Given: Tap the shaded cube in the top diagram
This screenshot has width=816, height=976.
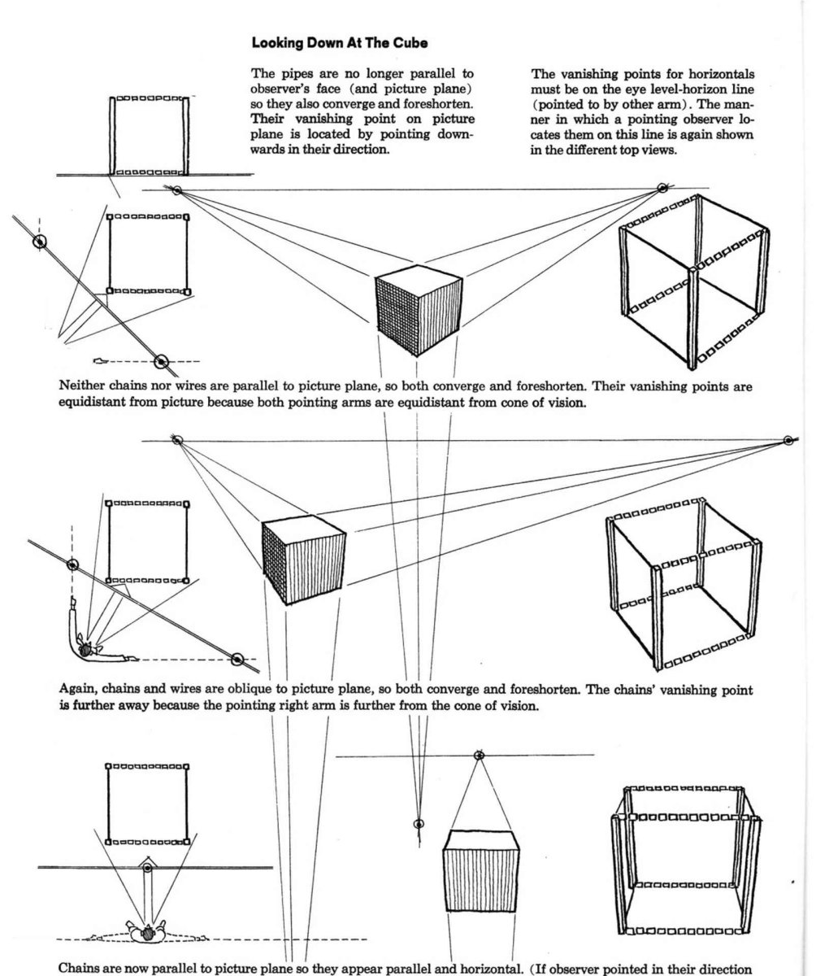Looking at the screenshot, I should pos(419,312).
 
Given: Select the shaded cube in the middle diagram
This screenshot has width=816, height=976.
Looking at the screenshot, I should pos(304,561).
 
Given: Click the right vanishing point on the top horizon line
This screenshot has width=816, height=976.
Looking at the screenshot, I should pos(662,189).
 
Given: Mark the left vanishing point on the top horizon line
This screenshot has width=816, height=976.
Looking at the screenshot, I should pos(176,190).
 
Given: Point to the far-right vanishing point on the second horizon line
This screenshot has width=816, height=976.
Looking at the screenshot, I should pos(787,440).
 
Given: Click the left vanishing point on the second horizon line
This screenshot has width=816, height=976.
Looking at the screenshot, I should pos(177,440).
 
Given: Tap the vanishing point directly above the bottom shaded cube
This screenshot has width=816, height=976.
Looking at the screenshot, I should pos(480,755).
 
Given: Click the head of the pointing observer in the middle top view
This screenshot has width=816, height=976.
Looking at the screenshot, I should pos(86,648).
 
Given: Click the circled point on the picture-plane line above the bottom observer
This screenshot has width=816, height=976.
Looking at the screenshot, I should pos(147,869).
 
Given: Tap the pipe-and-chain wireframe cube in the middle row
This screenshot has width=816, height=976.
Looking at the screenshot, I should pos(681,586).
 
